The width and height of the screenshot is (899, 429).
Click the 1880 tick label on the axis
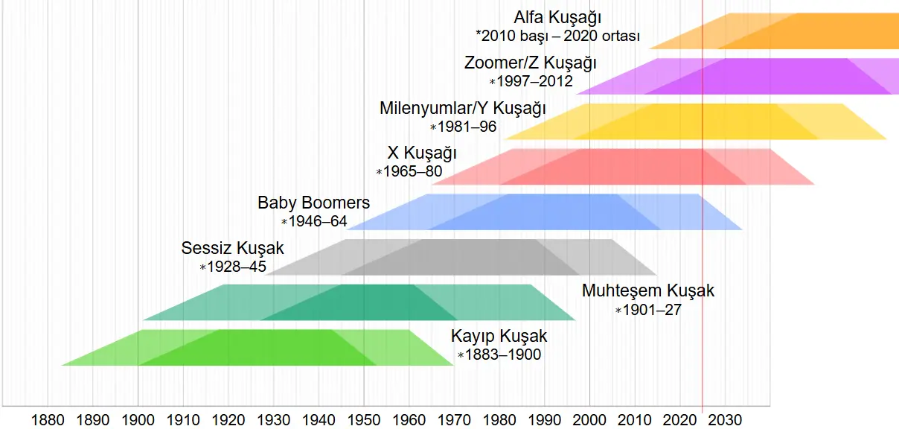48,420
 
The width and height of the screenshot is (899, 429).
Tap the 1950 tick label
364,420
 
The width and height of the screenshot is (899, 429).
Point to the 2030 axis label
725,420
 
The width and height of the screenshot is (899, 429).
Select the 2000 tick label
589,420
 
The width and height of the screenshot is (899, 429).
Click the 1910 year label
183,420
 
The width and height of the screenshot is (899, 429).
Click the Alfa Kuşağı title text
557,18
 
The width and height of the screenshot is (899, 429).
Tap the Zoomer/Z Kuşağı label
530,63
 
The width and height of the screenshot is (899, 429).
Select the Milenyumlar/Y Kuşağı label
463,109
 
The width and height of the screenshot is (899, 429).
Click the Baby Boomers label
313,203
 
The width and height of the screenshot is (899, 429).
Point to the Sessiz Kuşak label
232,248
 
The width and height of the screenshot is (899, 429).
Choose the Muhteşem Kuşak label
648,290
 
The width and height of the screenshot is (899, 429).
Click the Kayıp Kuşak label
499,336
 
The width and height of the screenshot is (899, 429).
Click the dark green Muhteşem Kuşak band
359,302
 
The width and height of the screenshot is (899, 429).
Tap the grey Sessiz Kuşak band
461,257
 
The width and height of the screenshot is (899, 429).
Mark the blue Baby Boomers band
545,212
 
